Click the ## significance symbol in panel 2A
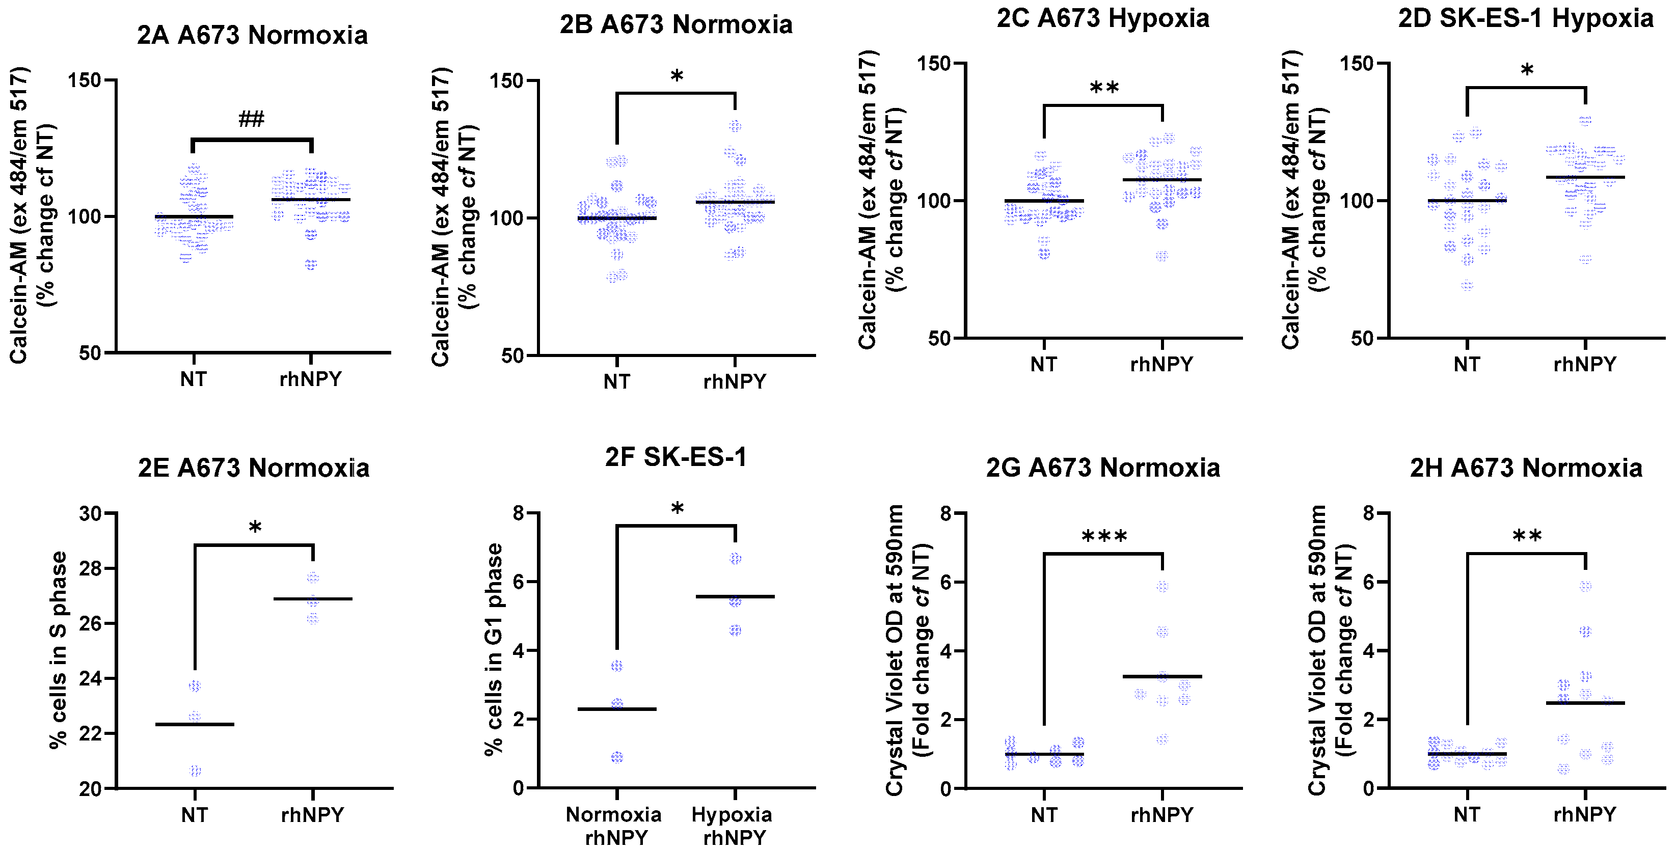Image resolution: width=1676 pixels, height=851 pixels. pos(251,119)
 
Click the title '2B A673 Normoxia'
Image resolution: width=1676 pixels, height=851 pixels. pos(675,25)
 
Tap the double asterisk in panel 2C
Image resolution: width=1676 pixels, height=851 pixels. pos(1103,88)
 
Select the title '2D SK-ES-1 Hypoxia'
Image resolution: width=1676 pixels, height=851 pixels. pos(1525,18)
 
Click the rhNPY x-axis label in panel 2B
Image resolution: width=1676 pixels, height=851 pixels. pos(735,381)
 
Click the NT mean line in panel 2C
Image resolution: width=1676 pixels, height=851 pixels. pos(1044,200)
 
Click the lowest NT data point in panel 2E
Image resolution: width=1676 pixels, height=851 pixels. pos(195,771)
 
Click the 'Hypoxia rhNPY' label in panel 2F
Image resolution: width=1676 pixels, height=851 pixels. pos(733,826)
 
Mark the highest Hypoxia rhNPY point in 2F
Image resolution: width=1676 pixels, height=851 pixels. pos(735,558)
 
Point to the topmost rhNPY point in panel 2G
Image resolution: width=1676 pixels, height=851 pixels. pos(1162,586)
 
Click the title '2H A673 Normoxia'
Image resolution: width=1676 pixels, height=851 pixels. pos(1525,469)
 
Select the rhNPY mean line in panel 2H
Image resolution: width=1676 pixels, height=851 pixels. pos(1585,703)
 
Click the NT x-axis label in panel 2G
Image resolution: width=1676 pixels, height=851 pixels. pos(1044,814)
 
